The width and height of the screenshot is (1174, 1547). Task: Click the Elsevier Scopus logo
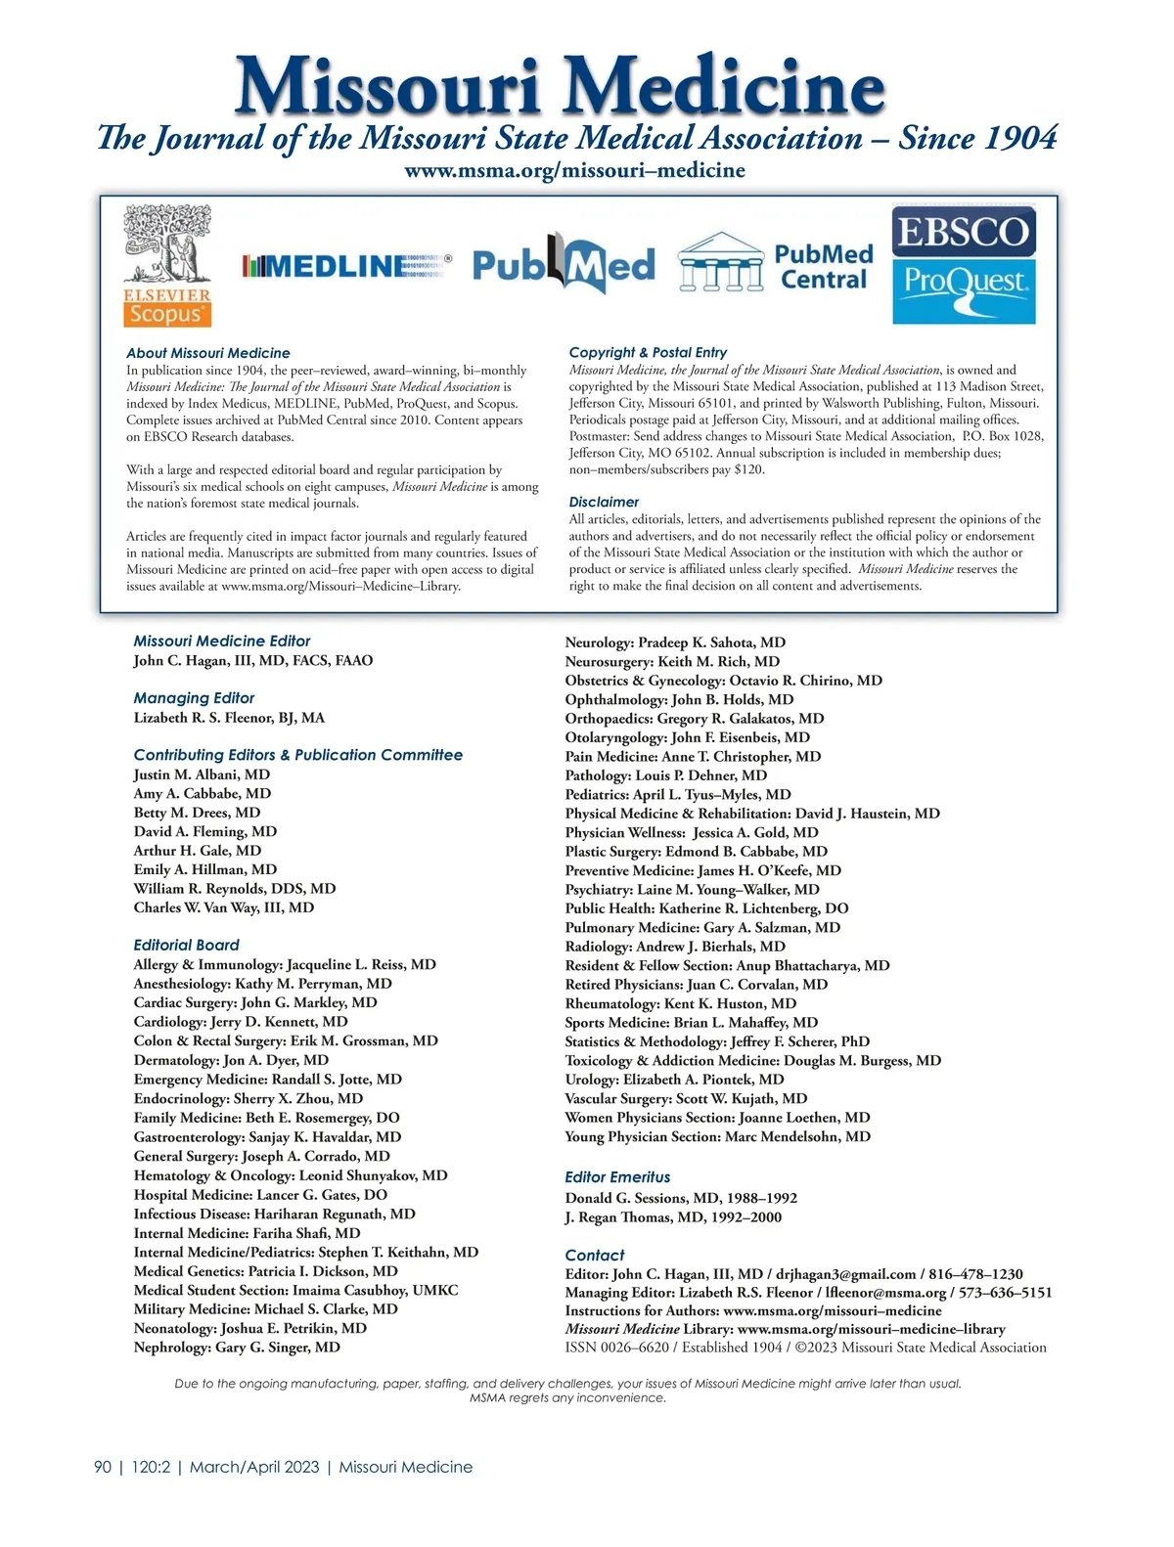(166, 265)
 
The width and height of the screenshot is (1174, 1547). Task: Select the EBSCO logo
(964, 232)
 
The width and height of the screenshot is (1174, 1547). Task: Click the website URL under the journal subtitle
(574, 170)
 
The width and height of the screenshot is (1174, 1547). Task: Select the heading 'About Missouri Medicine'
(208, 353)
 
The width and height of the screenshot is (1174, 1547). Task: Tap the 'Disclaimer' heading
(604, 502)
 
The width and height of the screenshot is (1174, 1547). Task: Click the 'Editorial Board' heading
(186, 945)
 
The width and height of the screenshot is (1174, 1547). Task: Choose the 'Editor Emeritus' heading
(617, 1177)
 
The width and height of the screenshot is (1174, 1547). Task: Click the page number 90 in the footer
(103, 1467)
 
